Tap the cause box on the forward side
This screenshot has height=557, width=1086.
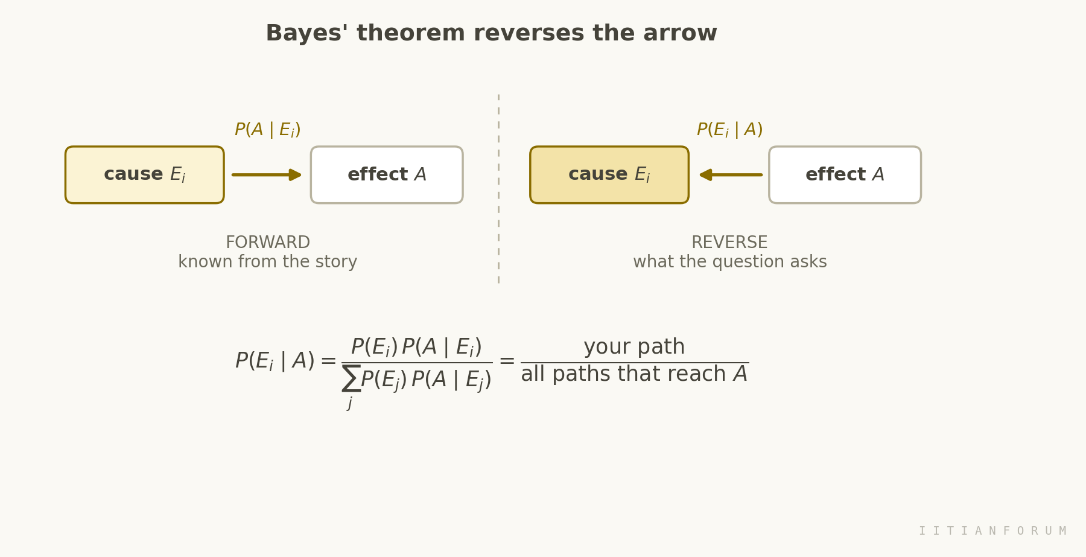(145, 175)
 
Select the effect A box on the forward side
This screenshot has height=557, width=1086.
(387, 175)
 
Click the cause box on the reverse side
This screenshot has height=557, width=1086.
(609, 175)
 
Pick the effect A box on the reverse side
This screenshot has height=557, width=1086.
(845, 175)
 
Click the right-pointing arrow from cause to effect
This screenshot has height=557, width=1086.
(267, 175)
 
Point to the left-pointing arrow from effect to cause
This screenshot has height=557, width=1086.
(731, 175)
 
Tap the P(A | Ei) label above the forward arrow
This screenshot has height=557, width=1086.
(267, 130)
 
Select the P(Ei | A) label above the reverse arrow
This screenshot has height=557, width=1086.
(729, 130)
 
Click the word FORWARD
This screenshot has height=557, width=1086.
(268, 243)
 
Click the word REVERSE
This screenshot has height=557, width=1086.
(729, 243)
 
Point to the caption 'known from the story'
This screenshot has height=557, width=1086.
(268, 262)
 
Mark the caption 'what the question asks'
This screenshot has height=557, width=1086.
(730, 262)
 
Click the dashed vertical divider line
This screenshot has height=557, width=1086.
(498, 188)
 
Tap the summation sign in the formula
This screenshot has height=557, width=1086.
(351, 378)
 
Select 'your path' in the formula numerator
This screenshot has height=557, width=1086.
(634, 347)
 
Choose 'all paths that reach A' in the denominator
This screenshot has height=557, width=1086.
(634, 374)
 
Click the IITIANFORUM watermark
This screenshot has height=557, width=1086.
(992, 531)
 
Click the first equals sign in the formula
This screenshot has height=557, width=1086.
(328, 361)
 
